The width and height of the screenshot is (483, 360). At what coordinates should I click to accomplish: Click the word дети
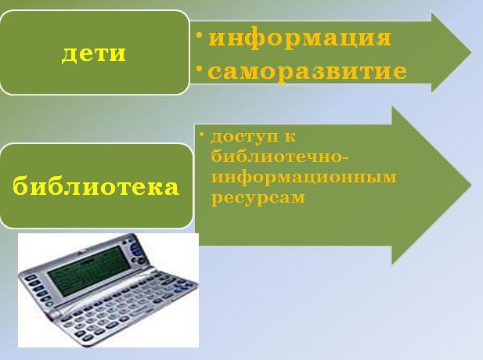click(94, 54)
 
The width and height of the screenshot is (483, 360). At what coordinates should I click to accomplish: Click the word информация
click(300, 38)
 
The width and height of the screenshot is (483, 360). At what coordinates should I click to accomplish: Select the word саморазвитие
click(308, 72)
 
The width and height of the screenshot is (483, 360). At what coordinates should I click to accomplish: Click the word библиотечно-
click(280, 157)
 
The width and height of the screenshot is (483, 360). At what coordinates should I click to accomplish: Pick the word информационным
click(304, 177)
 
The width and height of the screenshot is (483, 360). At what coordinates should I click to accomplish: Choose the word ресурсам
click(258, 198)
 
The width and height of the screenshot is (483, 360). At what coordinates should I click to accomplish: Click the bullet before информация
click(200, 35)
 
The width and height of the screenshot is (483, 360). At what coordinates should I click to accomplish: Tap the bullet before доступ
click(201, 135)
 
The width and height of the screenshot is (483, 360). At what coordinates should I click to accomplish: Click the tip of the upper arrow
click(471, 52)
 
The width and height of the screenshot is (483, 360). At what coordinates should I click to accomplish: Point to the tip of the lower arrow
click(471, 185)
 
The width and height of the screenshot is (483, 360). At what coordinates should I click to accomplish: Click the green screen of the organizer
click(89, 270)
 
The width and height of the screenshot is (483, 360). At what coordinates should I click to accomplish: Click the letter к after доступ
click(290, 137)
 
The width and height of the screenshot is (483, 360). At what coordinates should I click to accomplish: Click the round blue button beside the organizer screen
click(135, 247)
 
